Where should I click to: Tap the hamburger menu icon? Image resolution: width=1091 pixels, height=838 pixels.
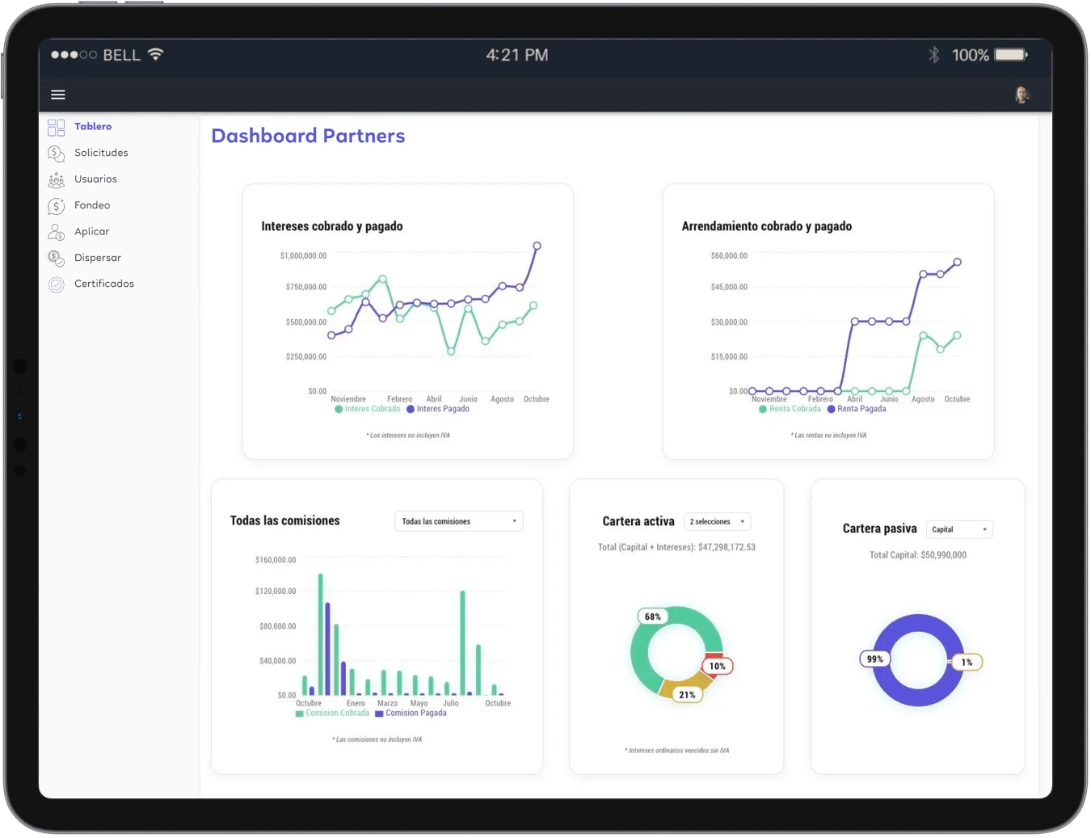[57, 95]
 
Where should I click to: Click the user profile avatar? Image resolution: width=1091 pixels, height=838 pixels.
[1021, 95]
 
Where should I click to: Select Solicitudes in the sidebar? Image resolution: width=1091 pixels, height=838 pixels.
[101, 153]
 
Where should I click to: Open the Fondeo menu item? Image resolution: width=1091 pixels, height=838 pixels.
[92, 205]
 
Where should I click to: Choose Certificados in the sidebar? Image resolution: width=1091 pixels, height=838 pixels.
[104, 284]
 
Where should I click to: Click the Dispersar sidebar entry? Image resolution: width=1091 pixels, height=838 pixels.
[98, 258]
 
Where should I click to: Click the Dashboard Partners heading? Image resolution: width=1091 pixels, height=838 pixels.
[308, 136]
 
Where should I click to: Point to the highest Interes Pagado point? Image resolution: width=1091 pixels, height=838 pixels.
[537, 246]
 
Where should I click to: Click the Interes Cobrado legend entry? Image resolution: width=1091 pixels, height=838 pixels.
[368, 409]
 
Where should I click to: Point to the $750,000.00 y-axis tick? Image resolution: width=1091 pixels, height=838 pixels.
[306, 287]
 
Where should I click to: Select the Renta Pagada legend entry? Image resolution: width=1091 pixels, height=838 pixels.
[857, 409]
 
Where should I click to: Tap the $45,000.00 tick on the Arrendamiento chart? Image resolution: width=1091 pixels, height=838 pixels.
[729, 287]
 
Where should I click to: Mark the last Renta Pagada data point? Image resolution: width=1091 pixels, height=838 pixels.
[958, 262]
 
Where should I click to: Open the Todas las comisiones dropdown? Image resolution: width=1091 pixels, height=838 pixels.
[459, 521]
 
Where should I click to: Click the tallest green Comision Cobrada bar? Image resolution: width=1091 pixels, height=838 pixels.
[320, 634]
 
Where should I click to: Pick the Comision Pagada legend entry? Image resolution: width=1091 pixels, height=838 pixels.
[411, 713]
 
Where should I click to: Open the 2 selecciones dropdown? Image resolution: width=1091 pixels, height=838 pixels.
[717, 522]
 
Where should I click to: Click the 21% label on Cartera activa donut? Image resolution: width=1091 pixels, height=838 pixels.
[687, 695]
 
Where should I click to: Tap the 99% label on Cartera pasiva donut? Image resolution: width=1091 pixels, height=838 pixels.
[874, 659]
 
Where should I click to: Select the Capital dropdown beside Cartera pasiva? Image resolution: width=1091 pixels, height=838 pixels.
[959, 529]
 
